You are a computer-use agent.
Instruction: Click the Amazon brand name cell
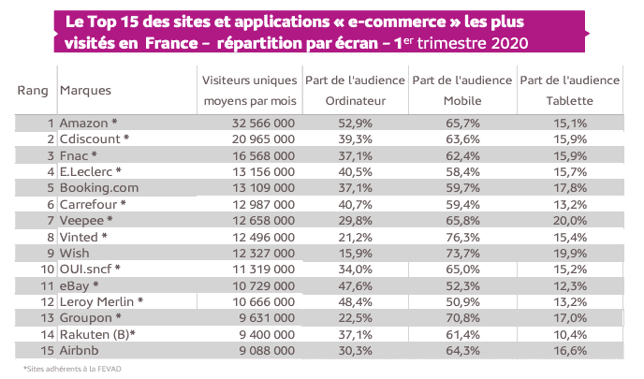[x=89, y=123]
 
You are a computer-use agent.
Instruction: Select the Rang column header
[x=34, y=91]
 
